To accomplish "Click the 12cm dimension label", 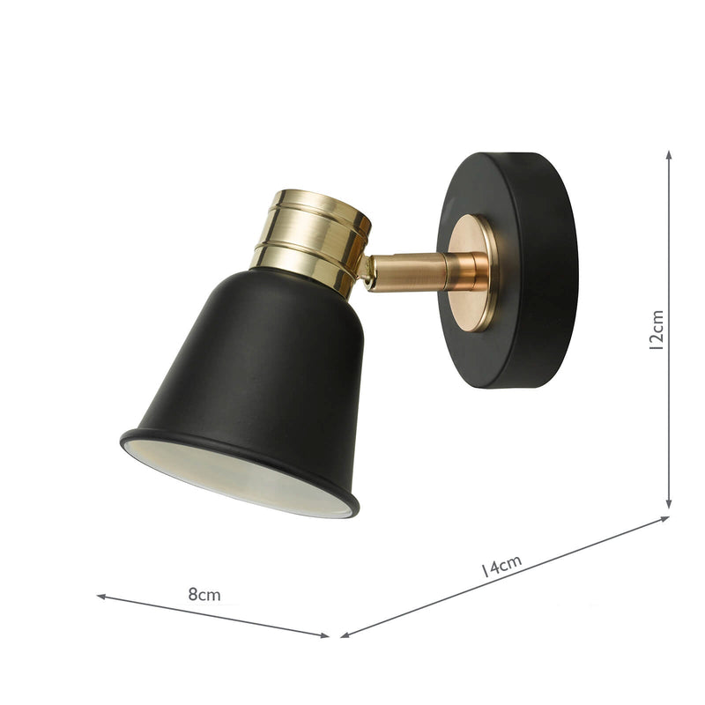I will pyautogui.click(x=656, y=330).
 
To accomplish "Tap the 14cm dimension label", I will pyautogui.click(x=501, y=565).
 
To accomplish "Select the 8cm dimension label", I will pyautogui.click(x=204, y=594).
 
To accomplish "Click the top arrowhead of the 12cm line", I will pyautogui.click(x=669, y=155).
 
